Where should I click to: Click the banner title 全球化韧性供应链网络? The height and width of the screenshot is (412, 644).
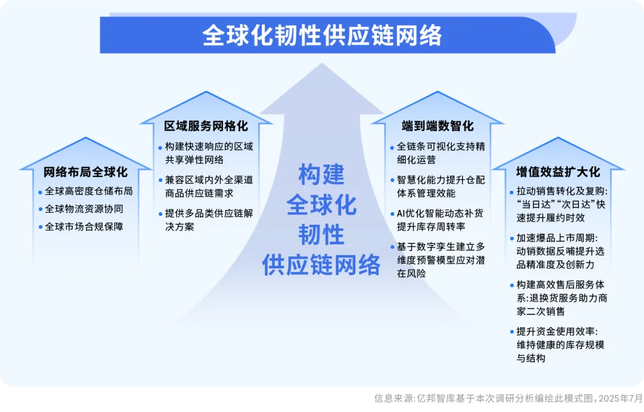(321, 35)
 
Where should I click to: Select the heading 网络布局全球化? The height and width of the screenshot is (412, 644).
(85, 172)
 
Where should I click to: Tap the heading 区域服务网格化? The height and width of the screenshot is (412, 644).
(206, 126)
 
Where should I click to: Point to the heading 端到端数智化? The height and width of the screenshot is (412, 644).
(438, 126)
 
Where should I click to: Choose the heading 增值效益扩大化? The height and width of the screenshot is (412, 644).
(558, 172)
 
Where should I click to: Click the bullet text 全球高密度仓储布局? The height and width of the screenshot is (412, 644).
(88, 191)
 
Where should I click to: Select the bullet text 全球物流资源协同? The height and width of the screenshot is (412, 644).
(84, 209)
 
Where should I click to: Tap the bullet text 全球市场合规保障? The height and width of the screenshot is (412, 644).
(84, 227)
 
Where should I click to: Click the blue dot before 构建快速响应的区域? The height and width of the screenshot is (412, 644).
(160, 147)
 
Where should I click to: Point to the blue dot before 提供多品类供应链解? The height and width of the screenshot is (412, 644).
(160, 214)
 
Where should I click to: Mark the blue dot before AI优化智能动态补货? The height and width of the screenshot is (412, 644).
(392, 214)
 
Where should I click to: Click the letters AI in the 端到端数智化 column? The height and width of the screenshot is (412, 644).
(401, 213)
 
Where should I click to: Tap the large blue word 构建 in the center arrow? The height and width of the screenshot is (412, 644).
(321, 174)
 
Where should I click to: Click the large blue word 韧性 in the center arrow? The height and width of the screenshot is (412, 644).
(321, 234)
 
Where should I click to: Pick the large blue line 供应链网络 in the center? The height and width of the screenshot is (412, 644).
(321, 265)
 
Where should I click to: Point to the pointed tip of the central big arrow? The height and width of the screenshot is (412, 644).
(321, 63)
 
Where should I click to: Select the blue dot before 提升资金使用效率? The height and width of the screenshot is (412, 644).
(512, 332)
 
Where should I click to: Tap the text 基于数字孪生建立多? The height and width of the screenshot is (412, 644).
(441, 246)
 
